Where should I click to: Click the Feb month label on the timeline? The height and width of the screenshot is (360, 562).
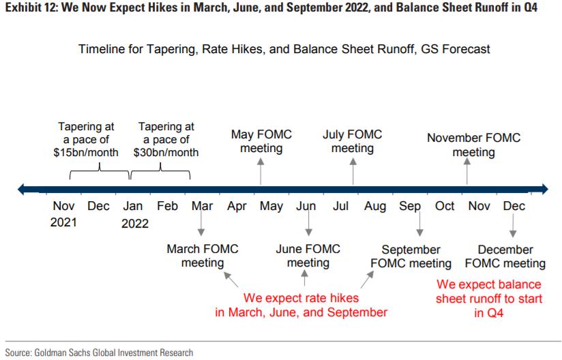pyautogui.click(x=167, y=206)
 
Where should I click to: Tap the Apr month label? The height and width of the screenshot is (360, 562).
pyautogui.click(x=237, y=207)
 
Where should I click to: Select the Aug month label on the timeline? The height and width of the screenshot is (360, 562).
pyautogui.click(x=375, y=207)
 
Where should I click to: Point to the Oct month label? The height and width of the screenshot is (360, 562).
pyautogui.click(x=445, y=206)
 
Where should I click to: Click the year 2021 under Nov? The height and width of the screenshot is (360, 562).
pyautogui.click(x=63, y=222)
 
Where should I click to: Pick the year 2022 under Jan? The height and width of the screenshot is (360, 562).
pyautogui.click(x=135, y=224)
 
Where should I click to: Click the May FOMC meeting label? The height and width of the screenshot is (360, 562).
pyautogui.click(x=261, y=141)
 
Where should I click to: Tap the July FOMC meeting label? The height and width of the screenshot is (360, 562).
pyautogui.click(x=353, y=141)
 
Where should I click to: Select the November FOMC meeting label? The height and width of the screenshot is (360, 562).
pyautogui.click(x=473, y=145)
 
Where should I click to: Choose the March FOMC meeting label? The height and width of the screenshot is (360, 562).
pyautogui.click(x=203, y=256)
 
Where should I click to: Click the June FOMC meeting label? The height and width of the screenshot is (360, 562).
pyautogui.click(x=308, y=256)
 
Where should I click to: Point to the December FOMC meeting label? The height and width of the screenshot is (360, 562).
pyautogui.click(x=505, y=256)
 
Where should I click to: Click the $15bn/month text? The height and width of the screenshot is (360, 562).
pyautogui.click(x=86, y=152)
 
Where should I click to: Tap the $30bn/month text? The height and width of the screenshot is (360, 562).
pyautogui.click(x=166, y=152)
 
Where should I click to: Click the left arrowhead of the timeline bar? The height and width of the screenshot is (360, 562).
pyautogui.click(x=20, y=189)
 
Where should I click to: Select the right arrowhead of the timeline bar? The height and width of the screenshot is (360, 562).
pyautogui.click(x=545, y=189)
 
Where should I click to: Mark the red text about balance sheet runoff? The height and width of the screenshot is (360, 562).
pyautogui.click(x=489, y=299)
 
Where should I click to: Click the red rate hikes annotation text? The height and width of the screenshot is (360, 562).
pyautogui.click(x=301, y=305)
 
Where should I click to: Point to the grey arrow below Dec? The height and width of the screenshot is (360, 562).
pyautogui.click(x=513, y=224)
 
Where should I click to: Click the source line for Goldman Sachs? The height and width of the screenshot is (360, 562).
pyautogui.click(x=99, y=352)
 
